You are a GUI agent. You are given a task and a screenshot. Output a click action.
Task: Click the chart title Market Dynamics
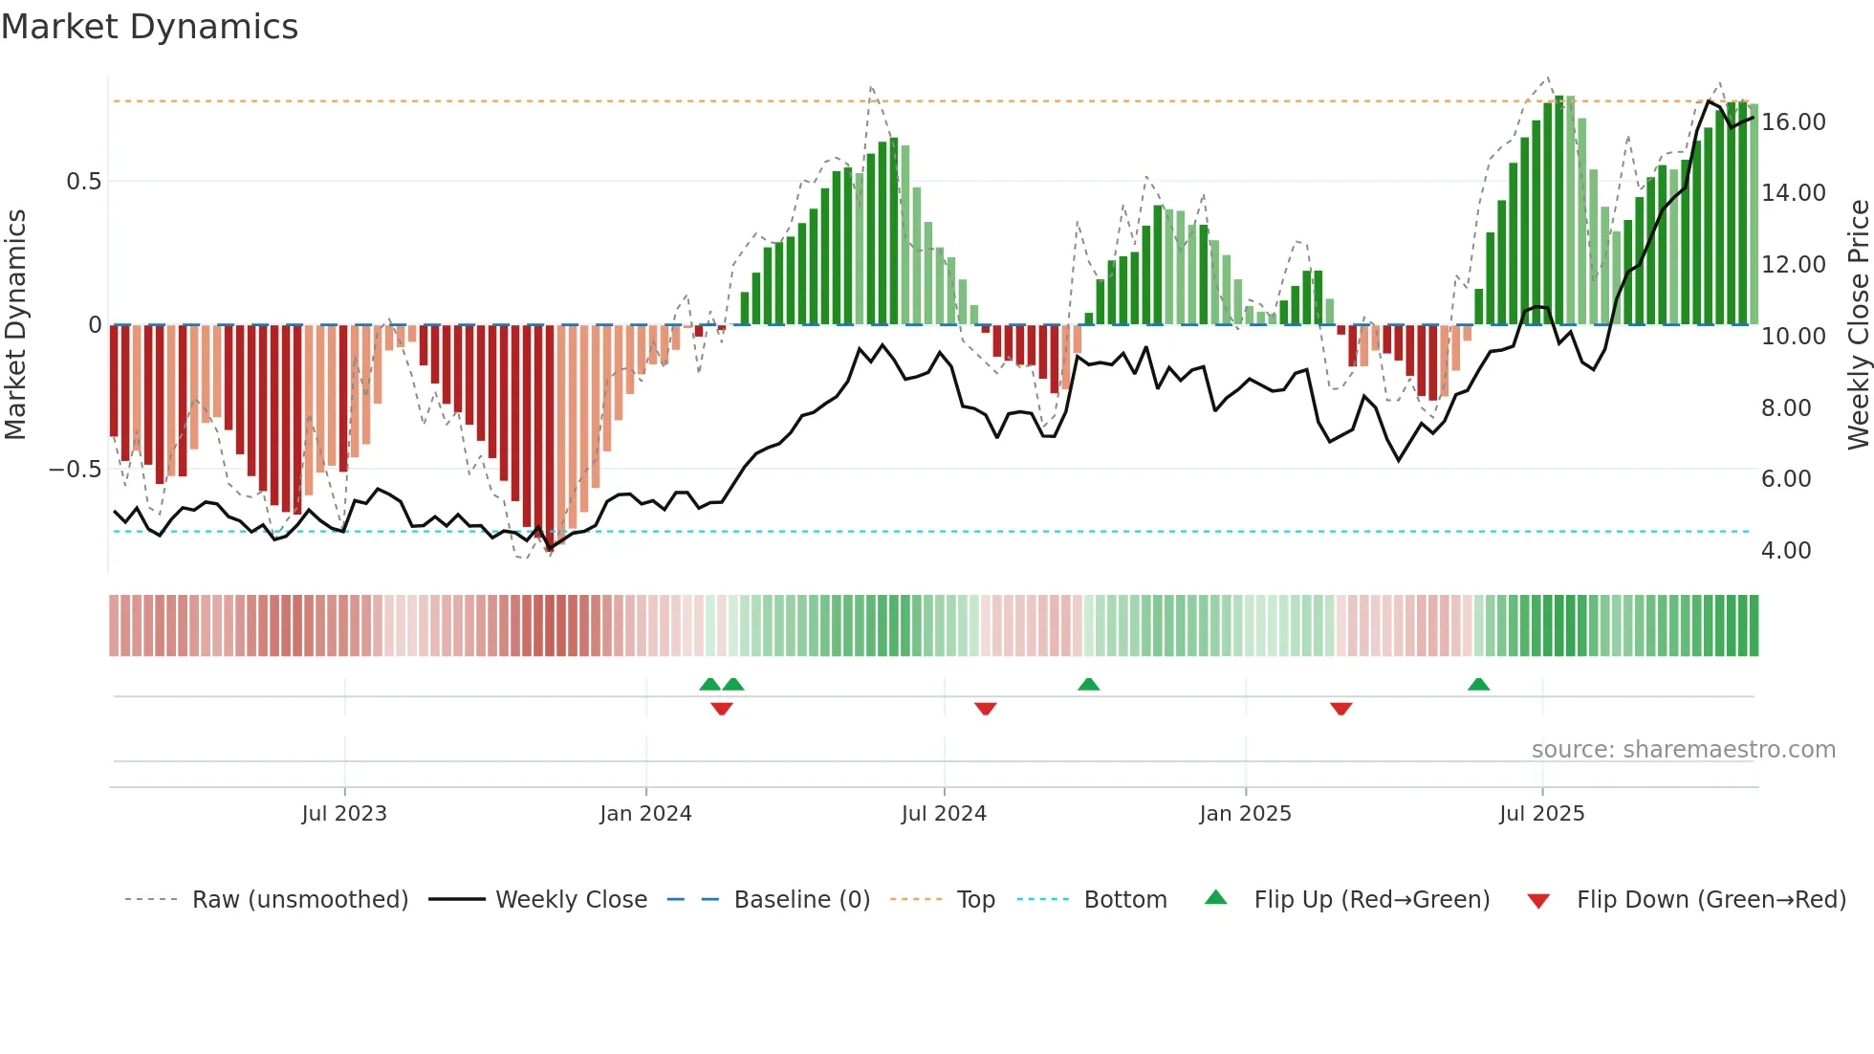149,27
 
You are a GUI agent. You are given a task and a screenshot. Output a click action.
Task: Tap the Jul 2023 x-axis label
344,814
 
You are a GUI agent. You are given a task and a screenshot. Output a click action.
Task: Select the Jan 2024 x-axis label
645,814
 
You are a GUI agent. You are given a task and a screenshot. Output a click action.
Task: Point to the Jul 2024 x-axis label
944,814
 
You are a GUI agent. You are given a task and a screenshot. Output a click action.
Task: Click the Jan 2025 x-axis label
1245,814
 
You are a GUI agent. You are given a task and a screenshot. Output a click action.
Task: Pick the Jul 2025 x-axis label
1541,814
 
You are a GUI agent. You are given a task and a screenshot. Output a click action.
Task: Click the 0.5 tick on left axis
83,182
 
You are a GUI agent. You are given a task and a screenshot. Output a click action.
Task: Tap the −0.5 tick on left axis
75,470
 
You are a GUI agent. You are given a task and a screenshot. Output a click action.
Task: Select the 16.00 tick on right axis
1794,122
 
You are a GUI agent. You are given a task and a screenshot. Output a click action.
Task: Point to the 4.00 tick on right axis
1786,551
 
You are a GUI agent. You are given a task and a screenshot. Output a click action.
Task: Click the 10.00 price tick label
1794,337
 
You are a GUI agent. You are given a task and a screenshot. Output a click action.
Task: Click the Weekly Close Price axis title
1858,325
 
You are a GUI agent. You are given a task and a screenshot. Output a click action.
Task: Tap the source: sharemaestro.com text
1683,750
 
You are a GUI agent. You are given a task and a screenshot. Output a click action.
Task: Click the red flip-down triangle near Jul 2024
986,708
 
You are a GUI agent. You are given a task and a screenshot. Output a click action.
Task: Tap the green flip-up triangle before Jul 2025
1478,685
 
